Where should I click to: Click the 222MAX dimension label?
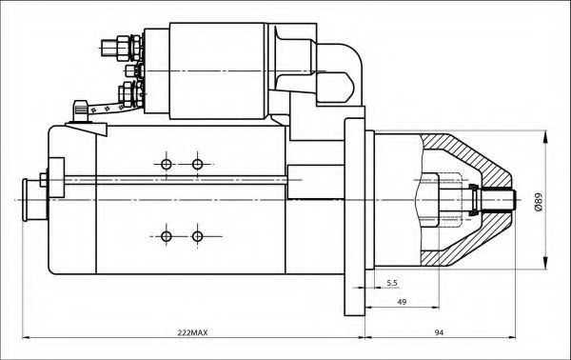[192, 332]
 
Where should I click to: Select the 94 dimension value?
[439, 332]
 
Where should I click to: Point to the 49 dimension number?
[402, 302]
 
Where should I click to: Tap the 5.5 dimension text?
[392, 283]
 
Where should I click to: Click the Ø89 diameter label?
[539, 202]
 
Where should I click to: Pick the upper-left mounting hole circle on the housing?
[167, 165]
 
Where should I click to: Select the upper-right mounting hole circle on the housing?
[197, 165]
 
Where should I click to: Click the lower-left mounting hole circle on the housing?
[167, 236]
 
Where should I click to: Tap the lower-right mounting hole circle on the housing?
[197, 236]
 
